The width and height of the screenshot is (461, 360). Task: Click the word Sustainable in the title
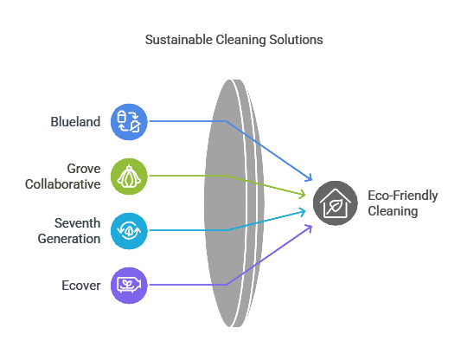(x=179, y=40)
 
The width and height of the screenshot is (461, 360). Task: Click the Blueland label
(x=75, y=122)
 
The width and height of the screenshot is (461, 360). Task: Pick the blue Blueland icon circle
(x=129, y=122)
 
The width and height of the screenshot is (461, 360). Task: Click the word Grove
(x=84, y=169)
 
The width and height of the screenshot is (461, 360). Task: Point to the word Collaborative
(x=62, y=184)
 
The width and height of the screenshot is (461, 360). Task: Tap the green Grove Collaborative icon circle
(x=129, y=177)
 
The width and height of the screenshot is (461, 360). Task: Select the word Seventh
(x=77, y=223)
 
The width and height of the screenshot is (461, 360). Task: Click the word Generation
(x=69, y=239)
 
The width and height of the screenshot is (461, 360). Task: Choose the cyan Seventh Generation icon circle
(x=129, y=231)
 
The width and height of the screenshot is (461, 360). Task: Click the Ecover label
(x=81, y=286)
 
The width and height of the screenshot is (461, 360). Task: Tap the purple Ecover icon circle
(x=129, y=286)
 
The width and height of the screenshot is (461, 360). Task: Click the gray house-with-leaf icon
(x=336, y=203)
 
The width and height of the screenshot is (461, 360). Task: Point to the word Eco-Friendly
(x=403, y=196)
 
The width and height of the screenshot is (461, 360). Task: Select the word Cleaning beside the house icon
(x=393, y=211)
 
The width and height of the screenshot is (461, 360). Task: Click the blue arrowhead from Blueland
(x=309, y=177)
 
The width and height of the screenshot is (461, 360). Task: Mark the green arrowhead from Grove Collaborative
(x=302, y=194)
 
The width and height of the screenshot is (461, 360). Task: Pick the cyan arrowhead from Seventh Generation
(x=302, y=212)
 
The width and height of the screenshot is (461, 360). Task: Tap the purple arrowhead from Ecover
(x=309, y=228)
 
